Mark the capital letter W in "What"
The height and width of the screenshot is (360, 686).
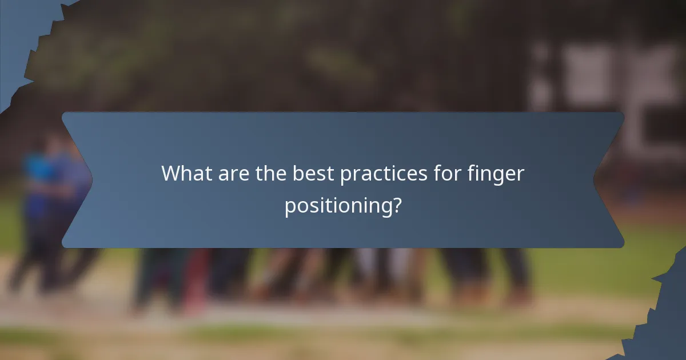pyautogui.click(x=171, y=173)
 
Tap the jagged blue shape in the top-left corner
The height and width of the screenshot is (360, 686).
pyautogui.click(x=23, y=34)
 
